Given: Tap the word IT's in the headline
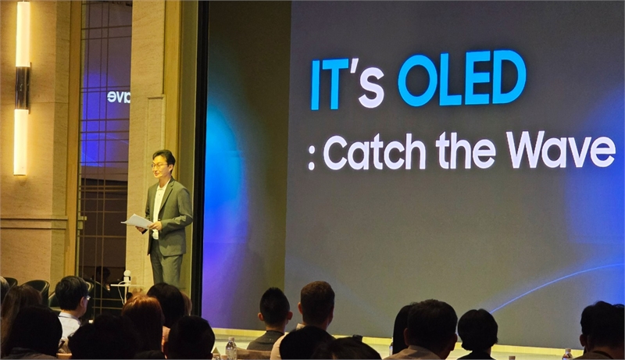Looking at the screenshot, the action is (348, 84).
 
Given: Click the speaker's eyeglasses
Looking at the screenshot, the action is (159, 166).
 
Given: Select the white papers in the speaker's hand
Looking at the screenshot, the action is (136, 222).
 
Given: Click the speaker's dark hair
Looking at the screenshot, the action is (163, 156).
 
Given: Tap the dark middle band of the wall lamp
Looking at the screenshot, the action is (23, 87).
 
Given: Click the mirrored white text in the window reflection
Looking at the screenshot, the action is (119, 97).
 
